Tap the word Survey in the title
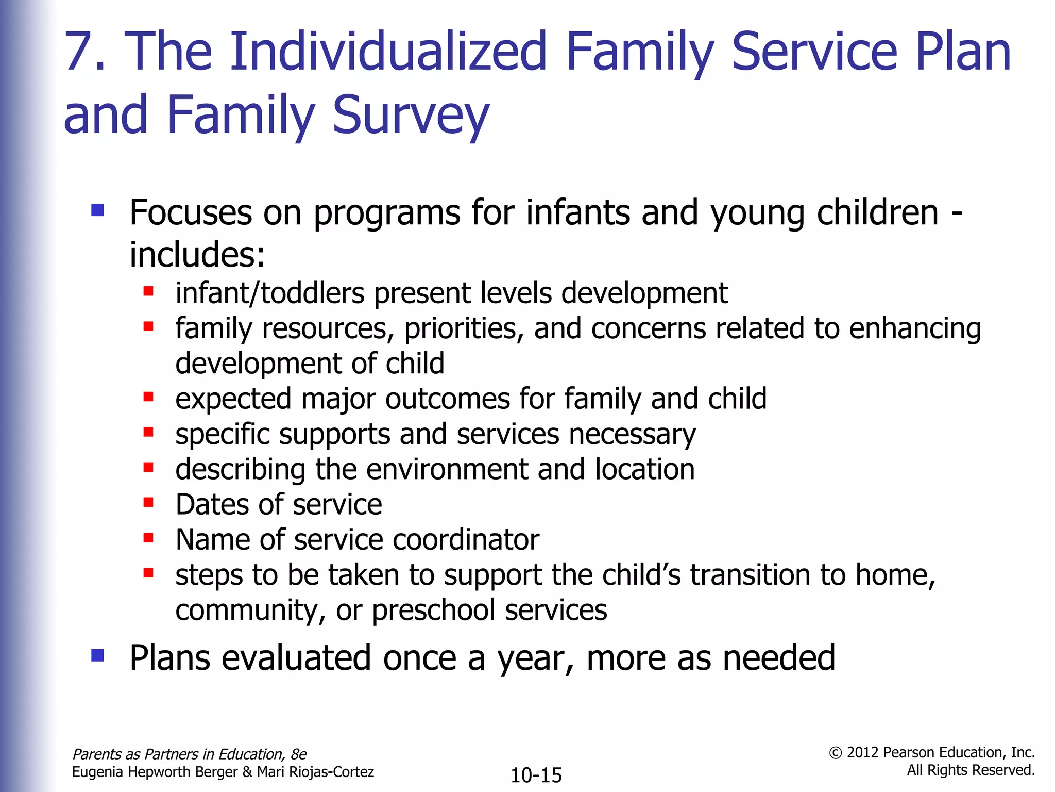(x=410, y=115)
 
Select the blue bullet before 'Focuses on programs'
(x=97, y=210)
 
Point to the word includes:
(x=197, y=254)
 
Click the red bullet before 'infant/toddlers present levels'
(x=148, y=291)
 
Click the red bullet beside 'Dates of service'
(x=148, y=502)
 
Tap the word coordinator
(x=466, y=540)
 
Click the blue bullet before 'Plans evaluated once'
(x=97, y=655)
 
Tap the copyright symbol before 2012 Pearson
(x=835, y=753)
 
